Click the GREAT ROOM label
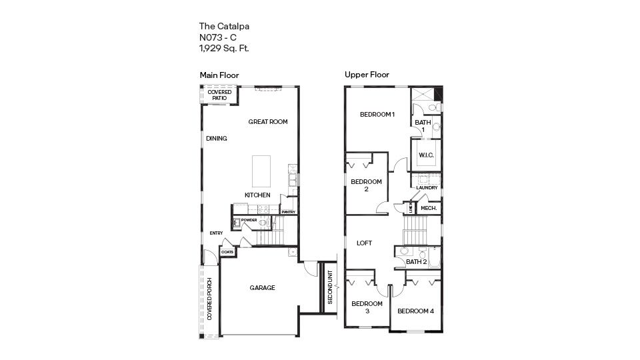(x=268, y=122)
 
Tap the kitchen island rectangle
(x=261, y=171)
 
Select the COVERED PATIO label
(x=219, y=95)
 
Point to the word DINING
(x=217, y=139)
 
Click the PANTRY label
(x=289, y=212)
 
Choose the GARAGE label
(x=262, y=288)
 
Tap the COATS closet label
(x=227, y=252)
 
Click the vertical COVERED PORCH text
(x=209, y=298)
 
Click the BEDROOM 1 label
(x=377, y=115)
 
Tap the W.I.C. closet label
(x=426, y=155)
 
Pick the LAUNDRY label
(x=427, y=188)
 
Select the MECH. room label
(x=429, y=209)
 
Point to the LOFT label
(x=364, y=243)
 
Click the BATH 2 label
(x=417, y=262)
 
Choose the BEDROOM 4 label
(x=415, y=311)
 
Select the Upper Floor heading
(x=367, y=75)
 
